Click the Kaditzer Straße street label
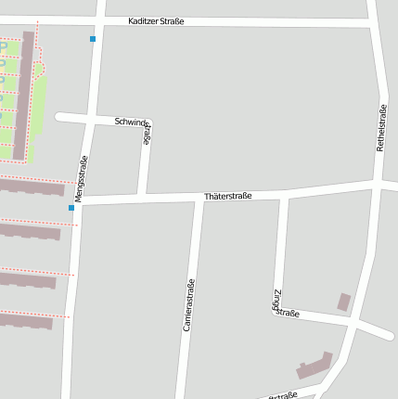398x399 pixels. (156, 20)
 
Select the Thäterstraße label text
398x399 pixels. (228, 196)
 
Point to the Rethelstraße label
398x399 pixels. (380, 128)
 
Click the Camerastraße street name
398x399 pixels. (189, 305)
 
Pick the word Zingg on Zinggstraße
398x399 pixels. (277, 296)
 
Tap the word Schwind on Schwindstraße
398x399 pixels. (131, 122)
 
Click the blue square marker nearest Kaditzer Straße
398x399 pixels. (92, 39)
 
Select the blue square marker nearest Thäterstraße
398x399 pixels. (71, 208)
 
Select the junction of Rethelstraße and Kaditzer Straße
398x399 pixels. (373, 22)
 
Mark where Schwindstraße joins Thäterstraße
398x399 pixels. (142, 195)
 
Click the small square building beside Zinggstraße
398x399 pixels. (344, 302)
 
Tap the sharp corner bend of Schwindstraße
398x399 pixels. (148, 122)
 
